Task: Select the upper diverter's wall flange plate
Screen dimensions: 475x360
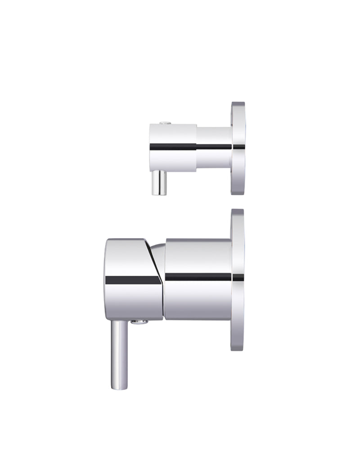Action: (238, 148)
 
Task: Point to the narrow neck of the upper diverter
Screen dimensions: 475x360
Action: (214, 148)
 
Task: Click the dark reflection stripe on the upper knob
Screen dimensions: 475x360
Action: (173, 147)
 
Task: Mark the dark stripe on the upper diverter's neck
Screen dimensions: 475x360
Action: (214, 147)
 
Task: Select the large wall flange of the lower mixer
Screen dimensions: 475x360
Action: (237, 279)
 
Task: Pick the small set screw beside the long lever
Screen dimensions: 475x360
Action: (139, 321)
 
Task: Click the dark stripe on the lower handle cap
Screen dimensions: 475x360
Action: (133, 280)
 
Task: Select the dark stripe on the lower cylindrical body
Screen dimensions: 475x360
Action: (198, 277)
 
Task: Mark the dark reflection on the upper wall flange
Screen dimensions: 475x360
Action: (238, 147)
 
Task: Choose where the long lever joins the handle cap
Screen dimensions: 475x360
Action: (118, 321)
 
